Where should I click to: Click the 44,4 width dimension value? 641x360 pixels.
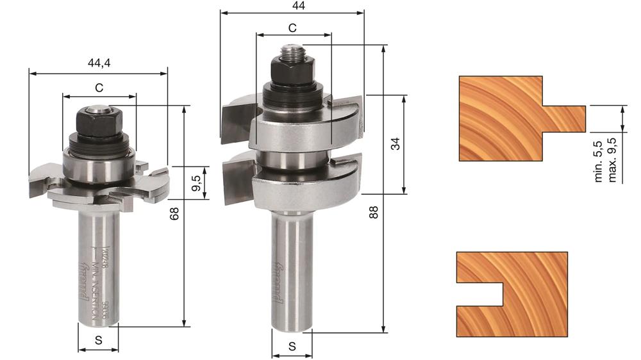[99, 63]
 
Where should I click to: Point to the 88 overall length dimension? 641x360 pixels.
[374, 212]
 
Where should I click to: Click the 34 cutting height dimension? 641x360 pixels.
[395, 144]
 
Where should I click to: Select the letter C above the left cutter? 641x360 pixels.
[99, 86]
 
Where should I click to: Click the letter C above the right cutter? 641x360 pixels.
[292, 28]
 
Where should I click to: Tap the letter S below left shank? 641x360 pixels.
[98, 341]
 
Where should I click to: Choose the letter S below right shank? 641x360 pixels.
[292, 347]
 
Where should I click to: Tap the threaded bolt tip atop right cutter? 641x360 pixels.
[294, 49]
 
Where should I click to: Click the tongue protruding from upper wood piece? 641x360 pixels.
[564, 118]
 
